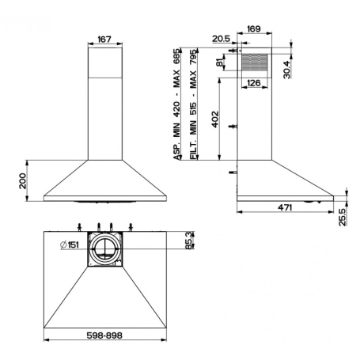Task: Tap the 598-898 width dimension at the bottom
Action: (x=103, y=335)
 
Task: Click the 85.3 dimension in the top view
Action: (x=188, y=238)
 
